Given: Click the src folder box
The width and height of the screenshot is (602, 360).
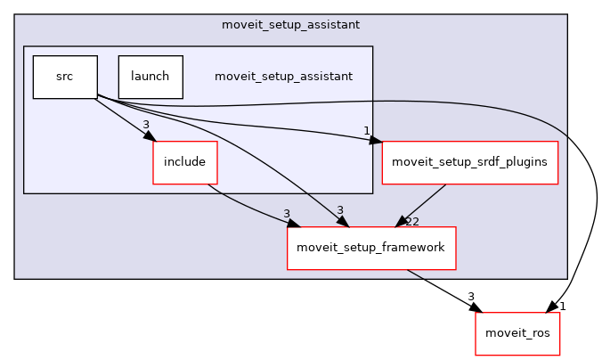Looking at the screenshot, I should click(64, 77).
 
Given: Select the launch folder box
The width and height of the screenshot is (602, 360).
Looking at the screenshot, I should click(150, 77).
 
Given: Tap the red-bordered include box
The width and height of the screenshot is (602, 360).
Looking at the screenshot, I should click(185, 162).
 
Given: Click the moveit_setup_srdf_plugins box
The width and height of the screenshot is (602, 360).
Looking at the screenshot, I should click(469, 162).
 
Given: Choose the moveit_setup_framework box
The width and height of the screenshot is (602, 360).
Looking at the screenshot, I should click(370, 248).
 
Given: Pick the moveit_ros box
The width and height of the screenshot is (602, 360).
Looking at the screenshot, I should click(517, 333).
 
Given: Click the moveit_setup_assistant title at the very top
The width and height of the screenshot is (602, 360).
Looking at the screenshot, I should click(290, 22).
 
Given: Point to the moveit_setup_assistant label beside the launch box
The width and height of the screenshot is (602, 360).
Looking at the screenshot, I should click(283, 77).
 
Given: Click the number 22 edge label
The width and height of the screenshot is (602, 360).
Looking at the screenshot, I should click(411, 221).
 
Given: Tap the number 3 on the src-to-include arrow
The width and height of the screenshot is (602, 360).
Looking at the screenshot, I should click(145, 125).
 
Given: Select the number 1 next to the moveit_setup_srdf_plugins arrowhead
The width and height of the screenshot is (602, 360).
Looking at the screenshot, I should click(366, 131).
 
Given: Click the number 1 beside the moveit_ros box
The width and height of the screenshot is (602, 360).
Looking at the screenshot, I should click(562, 306).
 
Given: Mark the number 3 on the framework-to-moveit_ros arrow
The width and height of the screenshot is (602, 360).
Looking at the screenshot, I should click(470, 296).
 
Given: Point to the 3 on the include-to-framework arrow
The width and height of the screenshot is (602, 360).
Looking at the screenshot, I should click(287, 214).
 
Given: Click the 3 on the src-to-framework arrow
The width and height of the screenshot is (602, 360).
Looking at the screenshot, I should click(339, 210).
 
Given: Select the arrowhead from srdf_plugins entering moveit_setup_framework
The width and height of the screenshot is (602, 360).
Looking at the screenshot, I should click(403, 223).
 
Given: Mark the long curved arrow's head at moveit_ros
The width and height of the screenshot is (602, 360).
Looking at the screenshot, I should click(553, 307).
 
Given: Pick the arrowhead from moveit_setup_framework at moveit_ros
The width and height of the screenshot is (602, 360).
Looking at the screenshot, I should click(476, 307).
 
